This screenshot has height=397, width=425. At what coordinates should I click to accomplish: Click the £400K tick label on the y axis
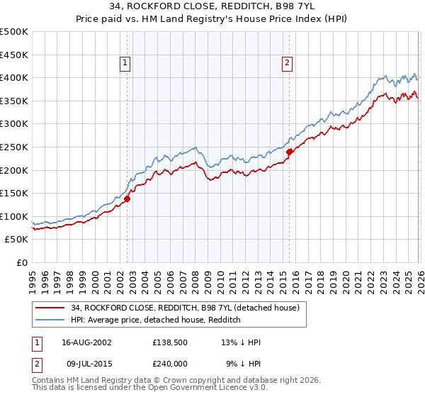(14, 77)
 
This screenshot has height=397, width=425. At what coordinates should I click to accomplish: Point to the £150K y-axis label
(14, 193)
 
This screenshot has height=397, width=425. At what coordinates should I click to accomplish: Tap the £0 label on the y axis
(23, 262)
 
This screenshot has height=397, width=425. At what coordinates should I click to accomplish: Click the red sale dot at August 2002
(127, 198)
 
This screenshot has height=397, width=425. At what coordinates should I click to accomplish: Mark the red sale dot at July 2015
(289, 152)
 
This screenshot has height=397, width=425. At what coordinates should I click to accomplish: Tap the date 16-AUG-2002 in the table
(86, 342)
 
